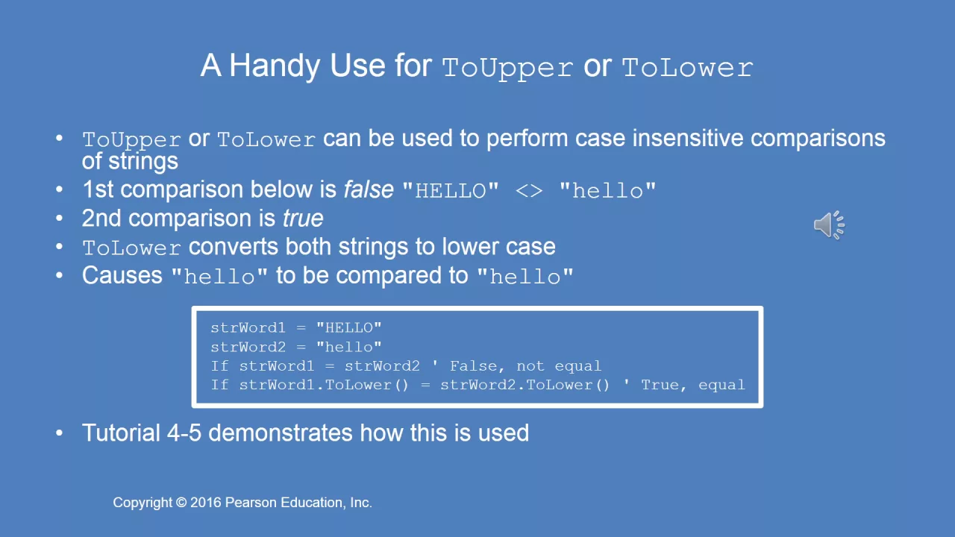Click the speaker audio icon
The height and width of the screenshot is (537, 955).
click(829, 224)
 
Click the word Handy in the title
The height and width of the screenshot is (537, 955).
click(275, 66)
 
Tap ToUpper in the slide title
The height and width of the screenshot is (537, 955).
click(507, 68)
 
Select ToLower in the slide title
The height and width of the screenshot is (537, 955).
click(688, 68)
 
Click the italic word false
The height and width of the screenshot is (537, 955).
click(369, 189)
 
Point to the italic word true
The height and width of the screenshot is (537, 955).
click(303, 219)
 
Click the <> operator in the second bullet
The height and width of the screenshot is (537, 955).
click(529, 191)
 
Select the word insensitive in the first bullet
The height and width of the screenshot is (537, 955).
click(688, 139)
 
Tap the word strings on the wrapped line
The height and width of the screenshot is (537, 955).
click(143, 162)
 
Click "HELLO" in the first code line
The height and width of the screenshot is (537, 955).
click(348, 327)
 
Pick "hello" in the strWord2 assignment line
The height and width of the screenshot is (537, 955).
click(348, 347)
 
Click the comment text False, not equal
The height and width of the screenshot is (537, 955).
click(525, 366)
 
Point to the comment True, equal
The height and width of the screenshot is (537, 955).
click(693, 386)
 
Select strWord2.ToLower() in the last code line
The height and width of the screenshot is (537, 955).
click(525, 386)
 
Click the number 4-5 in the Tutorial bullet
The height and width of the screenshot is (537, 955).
click(184, 433)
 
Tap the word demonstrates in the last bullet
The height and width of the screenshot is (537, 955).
click(280, 433)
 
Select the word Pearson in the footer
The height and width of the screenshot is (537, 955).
click(251, 503)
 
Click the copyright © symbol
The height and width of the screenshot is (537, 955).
click(181, 503)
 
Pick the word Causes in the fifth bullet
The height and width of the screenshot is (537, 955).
click(122, 275)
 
